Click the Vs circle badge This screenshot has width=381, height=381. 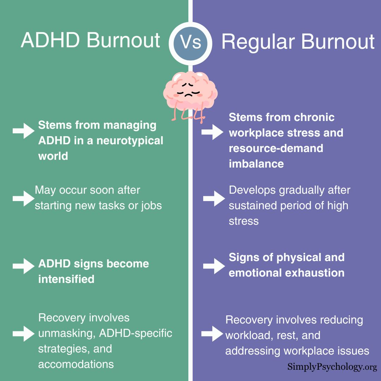pyautogui.click(x=190, y=43)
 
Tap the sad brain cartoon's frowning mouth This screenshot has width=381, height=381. pyautogui.click(x=188, y=95)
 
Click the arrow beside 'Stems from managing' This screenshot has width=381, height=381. pyautogui.click(x=24, y=131)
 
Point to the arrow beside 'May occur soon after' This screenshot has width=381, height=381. pyautogui.click(x=24, y=199)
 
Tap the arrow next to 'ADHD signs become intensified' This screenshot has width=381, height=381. pyautogui.click(x=24, y=266)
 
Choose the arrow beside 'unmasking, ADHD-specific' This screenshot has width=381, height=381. pyautogui.click(x=24, y=334)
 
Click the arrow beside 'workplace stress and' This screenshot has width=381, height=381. pyautogui.click(x=212, y=132)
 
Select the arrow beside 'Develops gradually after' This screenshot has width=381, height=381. pyautogui.click(x=214, y=199)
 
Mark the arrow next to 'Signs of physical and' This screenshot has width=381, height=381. pyautogui.click(x=214, y=266)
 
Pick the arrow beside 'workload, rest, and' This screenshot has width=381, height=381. pyautogui.click(x=212, y=334)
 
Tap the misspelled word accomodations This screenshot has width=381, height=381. pyautogui.click(x=76, y=364)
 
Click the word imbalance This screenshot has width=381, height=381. pyautogui.click(x=256, y=164)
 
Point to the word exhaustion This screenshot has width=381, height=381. pyautogui.click(x=315, y=273)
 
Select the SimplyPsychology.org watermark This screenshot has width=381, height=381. pyautogui.click(x=332, y=367)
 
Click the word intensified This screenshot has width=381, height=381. pyautogui.click(x=66, y=279)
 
